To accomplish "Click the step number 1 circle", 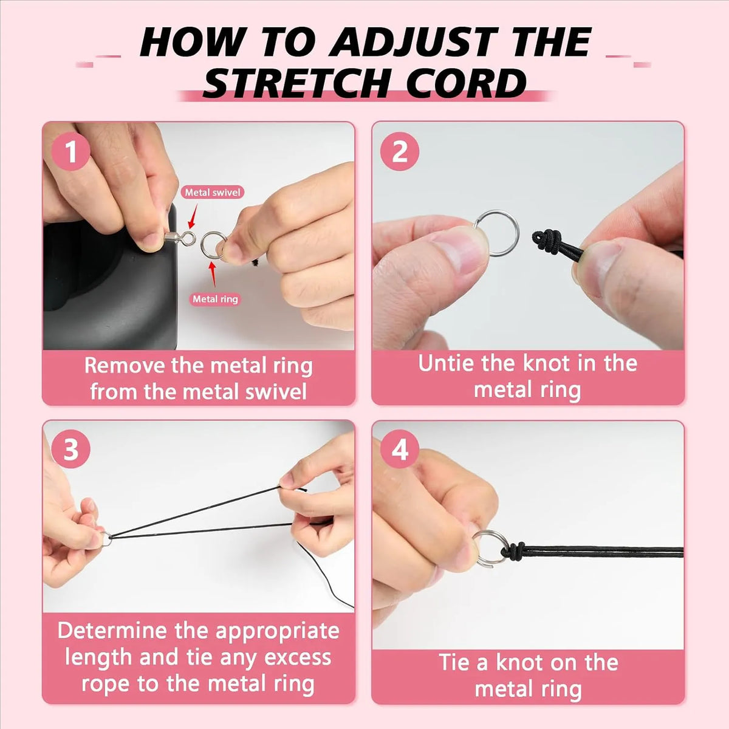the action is click(71, 152).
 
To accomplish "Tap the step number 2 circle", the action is click(400, 152).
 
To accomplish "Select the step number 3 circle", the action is click(71, 450).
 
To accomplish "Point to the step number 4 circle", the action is click(400, 451).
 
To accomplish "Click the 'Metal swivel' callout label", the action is click(213, 193).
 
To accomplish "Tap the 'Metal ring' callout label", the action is click(215, 299).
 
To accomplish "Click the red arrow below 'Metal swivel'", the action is click(193, 217).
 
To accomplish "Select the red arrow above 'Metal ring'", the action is click(213, 275).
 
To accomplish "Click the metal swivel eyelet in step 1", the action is click(188, 238).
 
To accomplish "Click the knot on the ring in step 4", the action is click(515, 550).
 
